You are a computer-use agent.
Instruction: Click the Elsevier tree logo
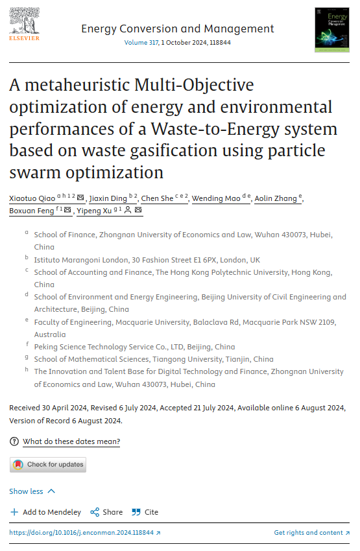[25, 23]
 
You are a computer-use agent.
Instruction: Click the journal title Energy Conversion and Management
[178, 29]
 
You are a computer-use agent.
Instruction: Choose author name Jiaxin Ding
[108, 198]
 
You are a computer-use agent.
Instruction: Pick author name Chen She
[156, 198]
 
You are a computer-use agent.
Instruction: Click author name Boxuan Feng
[32, 211]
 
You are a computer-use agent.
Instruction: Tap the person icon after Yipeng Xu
[128, 211]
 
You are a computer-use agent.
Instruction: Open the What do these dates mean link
[71, 441]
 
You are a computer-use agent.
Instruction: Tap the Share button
[106, 512]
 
